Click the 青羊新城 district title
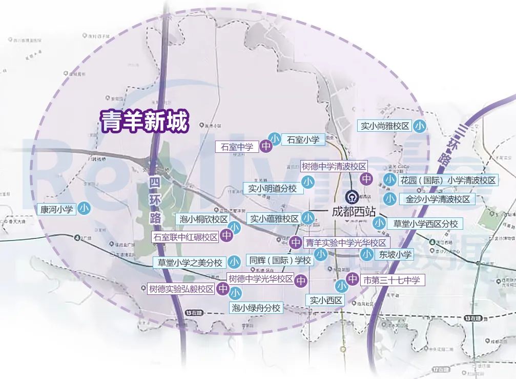coord(145,122)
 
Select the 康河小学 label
coord(57,209)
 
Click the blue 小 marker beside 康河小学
coord(85,209)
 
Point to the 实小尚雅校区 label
coord(384,126)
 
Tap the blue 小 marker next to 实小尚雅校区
coord(420,126)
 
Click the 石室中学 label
coord(237,147)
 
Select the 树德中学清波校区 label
coord(334,167)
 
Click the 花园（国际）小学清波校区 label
coord(448,180)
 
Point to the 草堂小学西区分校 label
coord(425,224)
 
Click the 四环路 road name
coord(155,201)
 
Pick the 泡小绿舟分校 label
coord(256,308)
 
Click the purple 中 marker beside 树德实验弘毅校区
coord(223,289)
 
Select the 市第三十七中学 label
coord(391,280)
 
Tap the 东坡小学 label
coord(395,254)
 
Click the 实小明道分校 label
coord(273,188)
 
